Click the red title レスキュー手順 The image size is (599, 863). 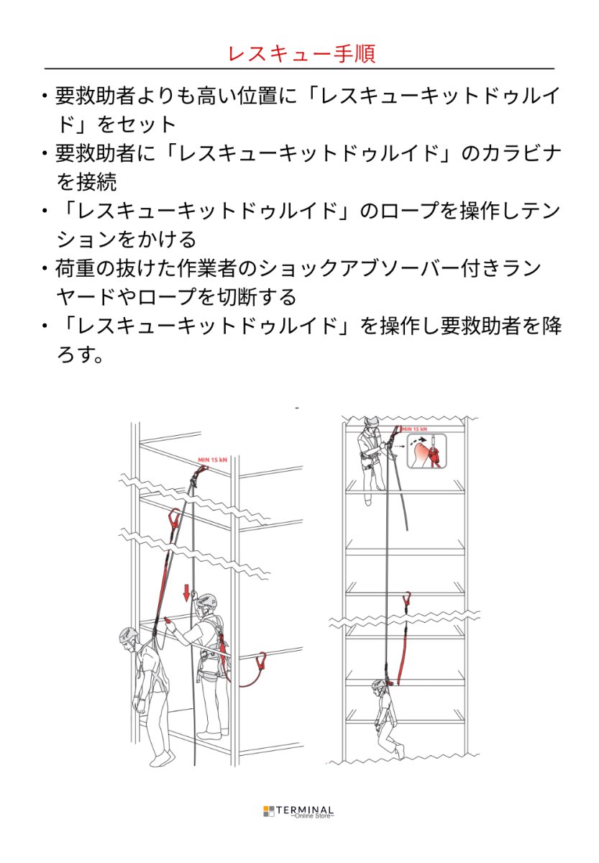[301, 54]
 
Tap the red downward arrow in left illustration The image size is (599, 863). [186, 593]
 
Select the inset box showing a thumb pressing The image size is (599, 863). [427, 452]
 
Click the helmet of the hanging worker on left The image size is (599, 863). [129, 635]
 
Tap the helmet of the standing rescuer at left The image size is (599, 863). [206, 600]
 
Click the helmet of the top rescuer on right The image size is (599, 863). [370, 423]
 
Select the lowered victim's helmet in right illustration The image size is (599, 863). [380, 686]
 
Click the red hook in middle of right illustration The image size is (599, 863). [408, 600]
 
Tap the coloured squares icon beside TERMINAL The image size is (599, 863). [269, 811]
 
